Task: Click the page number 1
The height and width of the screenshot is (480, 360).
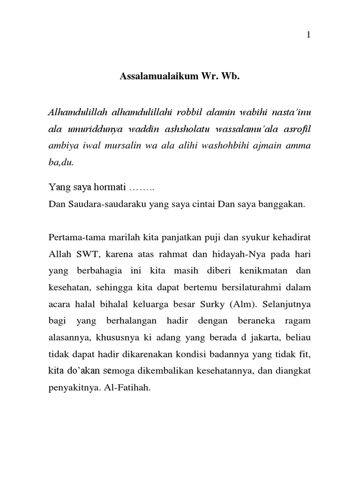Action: point(308,35)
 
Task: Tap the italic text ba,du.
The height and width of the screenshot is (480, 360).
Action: point(61,162)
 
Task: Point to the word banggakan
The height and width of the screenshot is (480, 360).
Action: point(286,204)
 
